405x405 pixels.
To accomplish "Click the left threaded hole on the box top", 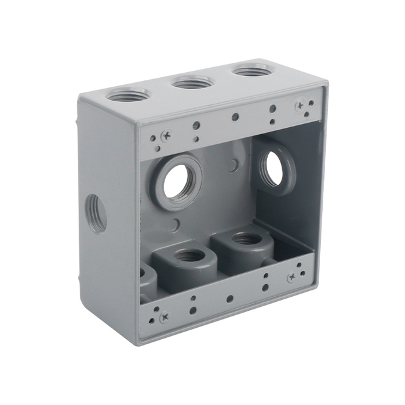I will coord(128,95).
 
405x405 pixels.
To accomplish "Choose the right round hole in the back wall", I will coord(274,169).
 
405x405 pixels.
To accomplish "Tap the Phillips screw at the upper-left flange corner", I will coord(165,135).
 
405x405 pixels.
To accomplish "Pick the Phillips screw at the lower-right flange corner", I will coord(292,277).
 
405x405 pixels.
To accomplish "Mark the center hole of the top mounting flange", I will coord(235,116).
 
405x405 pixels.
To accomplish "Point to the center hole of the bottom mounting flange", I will coord(230,298).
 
